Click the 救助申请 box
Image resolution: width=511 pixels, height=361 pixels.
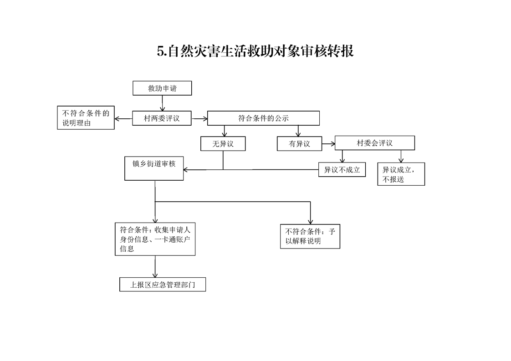pyautogui.click(x=162, y=88)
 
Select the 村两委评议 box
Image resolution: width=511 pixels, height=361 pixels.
pyautogui.click(x=162, y=118)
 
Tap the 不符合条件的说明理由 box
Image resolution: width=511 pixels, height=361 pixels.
pyautogui.click(x=86, y=117)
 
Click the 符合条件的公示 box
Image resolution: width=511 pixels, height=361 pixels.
pyautogui.click(x=263, y=118)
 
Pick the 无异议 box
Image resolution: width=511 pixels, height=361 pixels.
pyautogui.click(x=223, y=144)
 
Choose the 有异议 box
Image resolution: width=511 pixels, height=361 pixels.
pyautogui.click(x=300, y=144)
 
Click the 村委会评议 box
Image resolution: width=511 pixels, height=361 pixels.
pyautogui.click(x=375, y=143)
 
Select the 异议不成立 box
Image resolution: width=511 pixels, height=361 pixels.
pyautogui.click(x=342, y=170)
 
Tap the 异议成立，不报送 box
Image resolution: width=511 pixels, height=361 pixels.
pyautogui.click(x=401, y=174)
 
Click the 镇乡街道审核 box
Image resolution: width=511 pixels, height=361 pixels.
pyautogui.click(x=154, y=168)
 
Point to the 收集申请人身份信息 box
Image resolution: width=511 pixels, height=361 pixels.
pyautogui.click(x=155, y=239)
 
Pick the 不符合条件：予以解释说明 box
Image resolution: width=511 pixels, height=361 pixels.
pyautogui.click(x=310, y=237)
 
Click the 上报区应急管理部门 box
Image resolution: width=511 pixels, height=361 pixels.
pyautogui.click(x=163, y=285)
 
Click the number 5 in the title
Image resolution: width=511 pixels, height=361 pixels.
pyautogui.click(x=160, y=51)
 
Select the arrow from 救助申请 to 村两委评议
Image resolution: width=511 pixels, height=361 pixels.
pyautogui.click(x=162, y=103)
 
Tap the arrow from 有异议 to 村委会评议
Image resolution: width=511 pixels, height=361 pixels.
pyautogui.click(x=328, y=144)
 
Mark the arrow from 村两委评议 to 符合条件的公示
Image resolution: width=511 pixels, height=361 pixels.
pyautogui.click(x=199, y=119)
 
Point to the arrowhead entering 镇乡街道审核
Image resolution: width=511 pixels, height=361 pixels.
pyautogui.click(x=186, y=170)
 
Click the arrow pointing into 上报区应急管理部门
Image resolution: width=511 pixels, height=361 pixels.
pyautogui.click(x=155, y=266)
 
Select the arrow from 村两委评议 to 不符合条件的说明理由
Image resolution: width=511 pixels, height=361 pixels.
pyautogui.click(x=123, y=119)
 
